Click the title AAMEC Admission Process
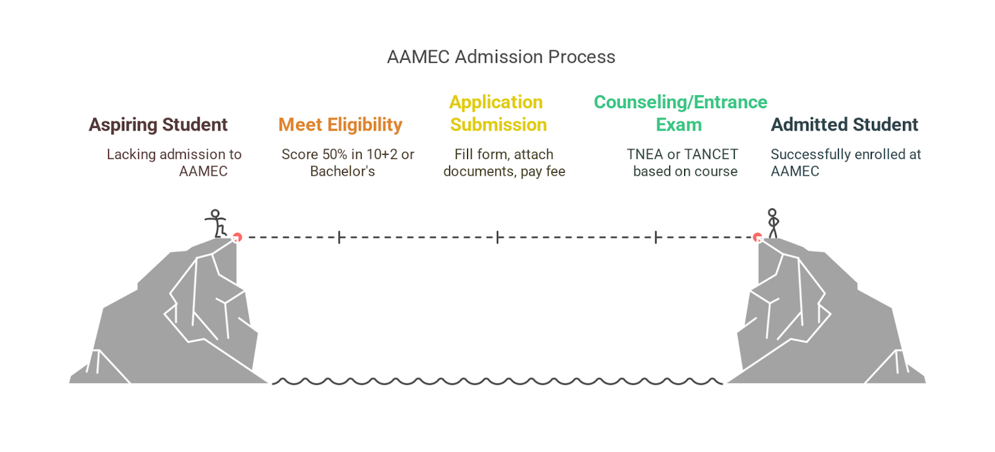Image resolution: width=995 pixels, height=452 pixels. pyautogui.click(x=501, y=57)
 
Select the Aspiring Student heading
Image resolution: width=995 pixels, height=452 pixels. pyautogui.click(x=158, y=124)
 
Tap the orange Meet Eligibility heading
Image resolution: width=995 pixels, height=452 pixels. pyautogui.click(x=340, y=124)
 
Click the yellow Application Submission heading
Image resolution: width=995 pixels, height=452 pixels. pyautogui.click(x=497, y=113)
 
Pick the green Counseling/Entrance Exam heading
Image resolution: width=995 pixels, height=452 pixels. pyautogui.click(x=680, y=113)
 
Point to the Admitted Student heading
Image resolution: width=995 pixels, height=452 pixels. pyautogui.click(x=844, y=124)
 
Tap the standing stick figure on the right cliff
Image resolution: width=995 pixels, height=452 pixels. pyautogui.click(x=772, y=223)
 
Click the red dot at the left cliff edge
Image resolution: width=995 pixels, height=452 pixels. pyautogui.click(x=237, y=237)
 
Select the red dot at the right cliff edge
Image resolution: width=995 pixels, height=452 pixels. pyautogui.click(x=757, y=237)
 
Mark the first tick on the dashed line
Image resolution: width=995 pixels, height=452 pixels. pyautogui.click(x=339, y=237)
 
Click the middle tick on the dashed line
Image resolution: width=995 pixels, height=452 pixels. pyautogui.click(x=497, y=237)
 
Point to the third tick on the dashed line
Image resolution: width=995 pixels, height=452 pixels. pyautogui.click(x=655, y=237)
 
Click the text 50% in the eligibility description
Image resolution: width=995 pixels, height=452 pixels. pyautogui.click(x=335, y=154)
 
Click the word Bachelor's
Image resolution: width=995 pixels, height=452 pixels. pyautogui.click(x=342, y=171)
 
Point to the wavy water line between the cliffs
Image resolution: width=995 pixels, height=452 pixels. pyautogui.click(x=497, y=381)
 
